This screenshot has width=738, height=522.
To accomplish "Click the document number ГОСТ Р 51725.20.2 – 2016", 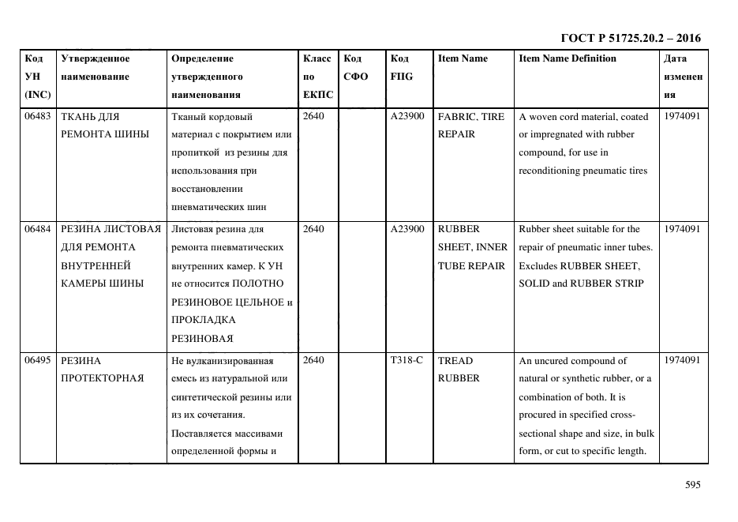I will coord(630,38).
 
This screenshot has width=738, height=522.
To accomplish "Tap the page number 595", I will coord(692,485).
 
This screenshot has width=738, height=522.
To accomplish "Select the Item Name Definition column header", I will coord(567,58).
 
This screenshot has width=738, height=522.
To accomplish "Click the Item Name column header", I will coord(463,58).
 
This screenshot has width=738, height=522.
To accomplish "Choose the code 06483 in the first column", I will coord(37,116).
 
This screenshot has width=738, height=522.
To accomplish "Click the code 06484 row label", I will coord(37,229).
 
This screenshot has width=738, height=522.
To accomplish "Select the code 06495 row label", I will coord(37,360).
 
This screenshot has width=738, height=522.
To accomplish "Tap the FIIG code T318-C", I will coord(406,360).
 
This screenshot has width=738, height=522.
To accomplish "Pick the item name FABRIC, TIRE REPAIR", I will coord(470,125).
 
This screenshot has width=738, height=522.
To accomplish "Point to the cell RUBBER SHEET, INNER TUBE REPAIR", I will coord(471,247).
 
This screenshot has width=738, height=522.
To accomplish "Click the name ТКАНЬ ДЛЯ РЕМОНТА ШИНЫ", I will coord(104,125).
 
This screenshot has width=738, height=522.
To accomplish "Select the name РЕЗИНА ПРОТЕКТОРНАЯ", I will coord(102,369).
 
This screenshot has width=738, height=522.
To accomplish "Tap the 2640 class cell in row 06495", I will coord(313,360).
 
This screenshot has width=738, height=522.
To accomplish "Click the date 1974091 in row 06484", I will coord(681,229).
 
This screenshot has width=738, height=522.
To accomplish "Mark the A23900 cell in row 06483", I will coord(407,116).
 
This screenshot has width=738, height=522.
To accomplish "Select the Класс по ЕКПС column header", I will coord(317,77).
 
